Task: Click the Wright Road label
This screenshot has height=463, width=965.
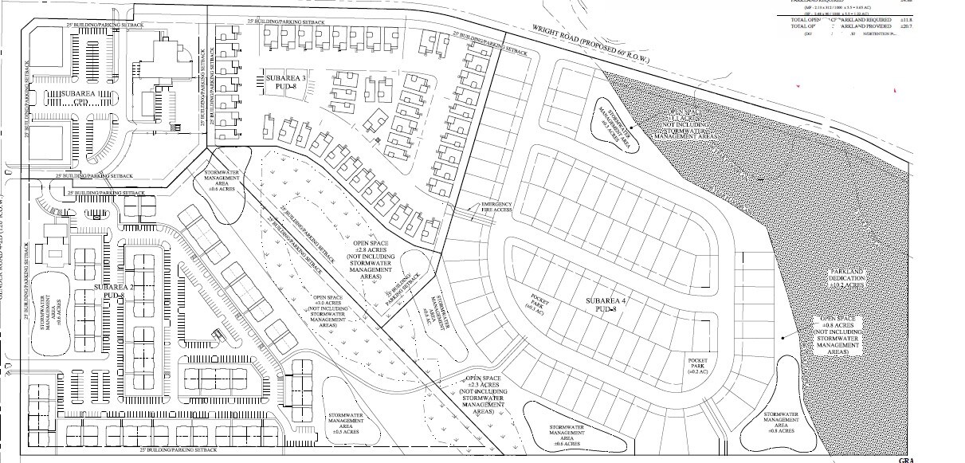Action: tap(594, 45)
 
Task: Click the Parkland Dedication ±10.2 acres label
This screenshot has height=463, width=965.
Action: tap(846, 279)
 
